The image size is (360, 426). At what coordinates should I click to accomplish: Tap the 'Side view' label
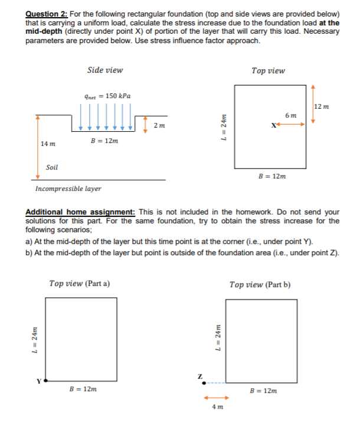coord(104,70)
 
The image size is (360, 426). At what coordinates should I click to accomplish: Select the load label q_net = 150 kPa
coord(107,96)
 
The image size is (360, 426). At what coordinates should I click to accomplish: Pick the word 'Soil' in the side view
coord(52,168)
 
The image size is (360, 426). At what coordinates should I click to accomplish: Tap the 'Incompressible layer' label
coord(68,189)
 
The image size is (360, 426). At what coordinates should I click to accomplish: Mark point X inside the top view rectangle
coord(272,125)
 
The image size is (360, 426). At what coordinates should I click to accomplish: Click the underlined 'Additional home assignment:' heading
coord(80,211)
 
